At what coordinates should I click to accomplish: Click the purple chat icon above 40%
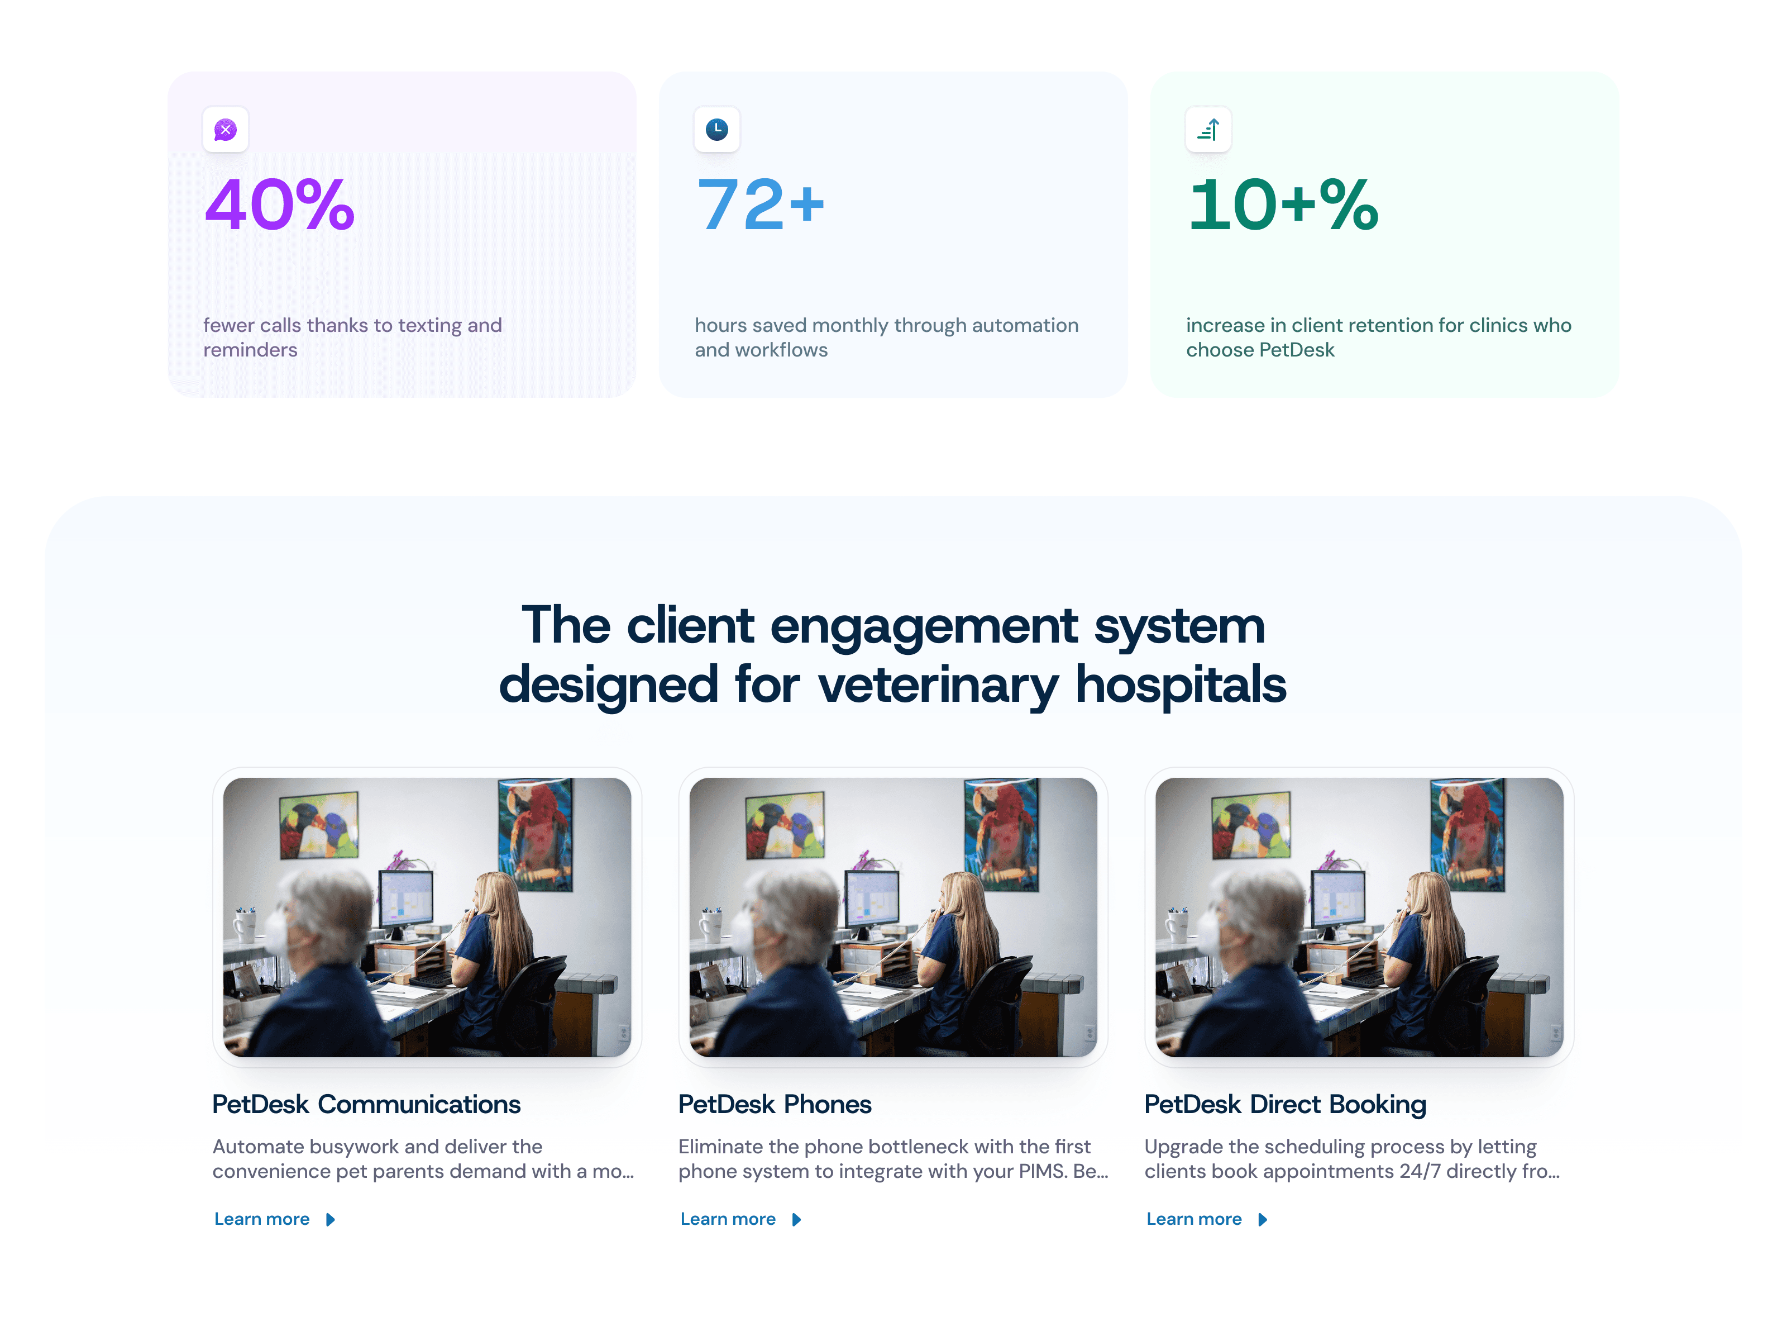pos(226,130)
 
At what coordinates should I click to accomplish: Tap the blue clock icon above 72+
pos(716,129)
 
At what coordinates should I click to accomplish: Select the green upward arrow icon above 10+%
pos(1208,130)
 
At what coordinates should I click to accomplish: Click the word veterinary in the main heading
pos(938,685)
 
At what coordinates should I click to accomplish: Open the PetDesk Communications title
pos(366,1104)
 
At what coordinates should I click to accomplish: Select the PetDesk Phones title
pos(774,1104)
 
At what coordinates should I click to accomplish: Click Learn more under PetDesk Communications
pos(262,1219)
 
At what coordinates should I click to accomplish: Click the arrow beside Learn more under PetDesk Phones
pos(796,1220)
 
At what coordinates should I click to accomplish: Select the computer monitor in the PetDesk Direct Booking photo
pos(1339,899)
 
